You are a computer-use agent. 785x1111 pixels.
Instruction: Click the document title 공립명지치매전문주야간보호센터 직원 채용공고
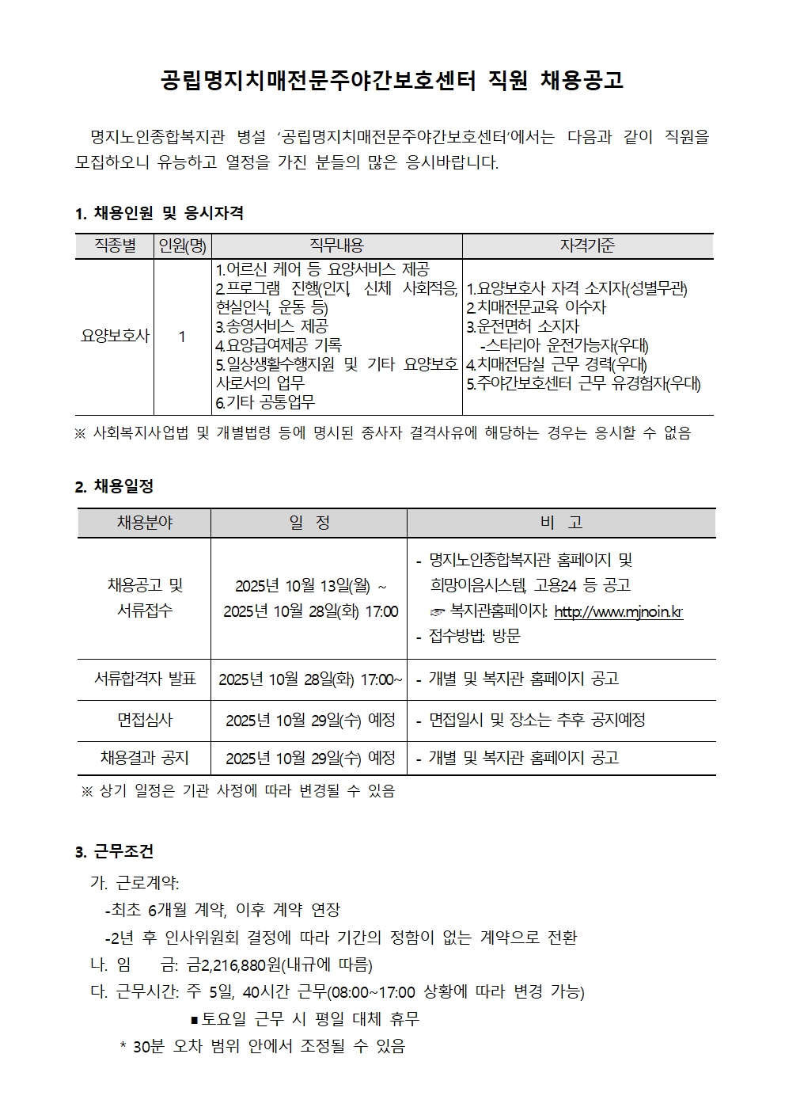tap(392, 80)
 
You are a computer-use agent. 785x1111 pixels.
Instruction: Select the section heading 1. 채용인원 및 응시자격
tap(159, 213)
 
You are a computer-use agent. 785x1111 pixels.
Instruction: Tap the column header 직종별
tap(115, 245)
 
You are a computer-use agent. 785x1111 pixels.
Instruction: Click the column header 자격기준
tap(587, 245)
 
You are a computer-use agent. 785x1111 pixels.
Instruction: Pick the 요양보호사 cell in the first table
tap(115, 336)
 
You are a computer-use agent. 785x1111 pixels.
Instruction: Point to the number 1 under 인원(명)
tap(182, 337)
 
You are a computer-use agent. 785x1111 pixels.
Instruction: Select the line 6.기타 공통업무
tap(265, 402)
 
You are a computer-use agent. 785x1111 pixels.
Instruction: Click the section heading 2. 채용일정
tap(114, 486)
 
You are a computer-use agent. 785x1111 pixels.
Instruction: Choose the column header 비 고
tap(561, 523)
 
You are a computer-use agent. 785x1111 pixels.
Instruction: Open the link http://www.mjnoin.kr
tap(618, 611)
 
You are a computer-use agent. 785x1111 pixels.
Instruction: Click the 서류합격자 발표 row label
tap(145, 679)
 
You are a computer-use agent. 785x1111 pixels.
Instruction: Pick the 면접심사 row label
tap(145, 720)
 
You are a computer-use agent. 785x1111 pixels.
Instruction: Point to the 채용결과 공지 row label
tap(145, 758)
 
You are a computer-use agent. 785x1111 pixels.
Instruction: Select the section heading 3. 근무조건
tap(114, 851)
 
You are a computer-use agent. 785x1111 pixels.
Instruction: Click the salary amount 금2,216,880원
tap(234, 965)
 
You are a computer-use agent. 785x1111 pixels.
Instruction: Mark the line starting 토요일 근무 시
tap(305, 1018)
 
